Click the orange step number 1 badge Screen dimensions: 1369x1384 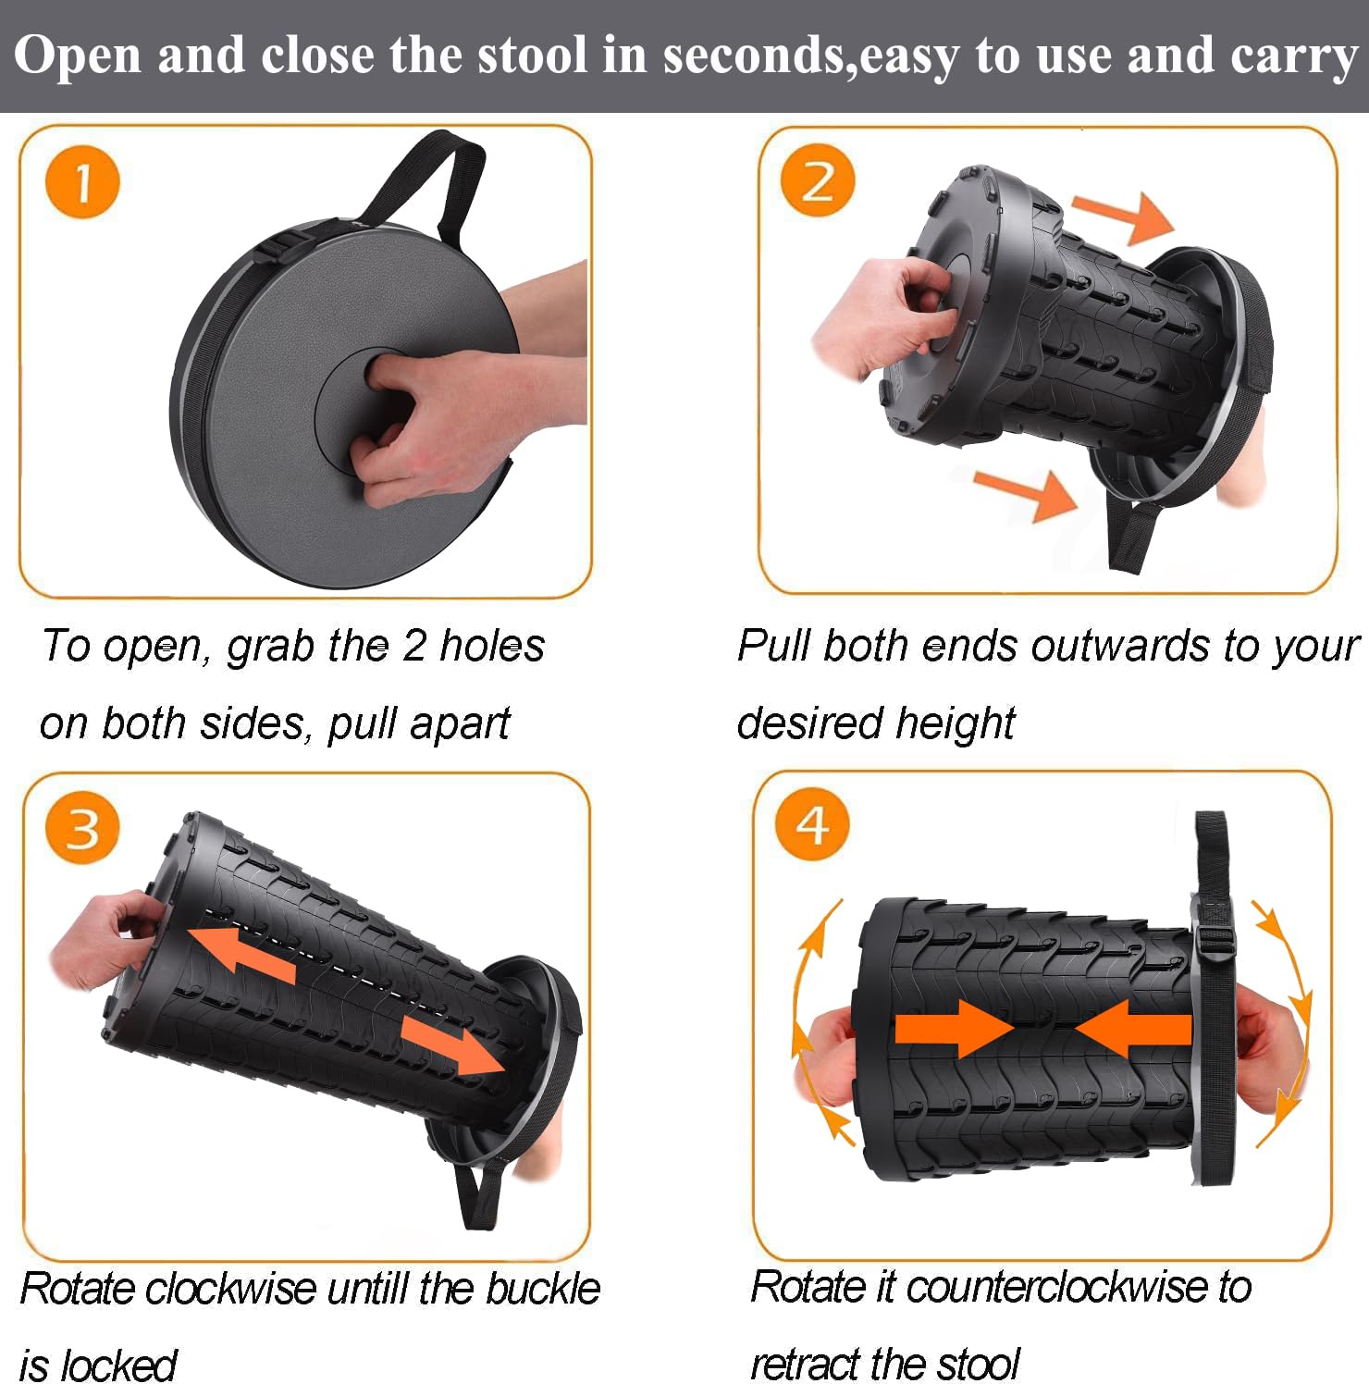[x=82, y=182]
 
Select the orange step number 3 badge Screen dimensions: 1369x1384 [x=82, y=826]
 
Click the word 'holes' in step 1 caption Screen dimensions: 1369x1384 [x=491, y=646]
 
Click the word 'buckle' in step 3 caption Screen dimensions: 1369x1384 [x=543, y=1288]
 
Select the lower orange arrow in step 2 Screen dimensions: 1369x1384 [x=1027, y=492]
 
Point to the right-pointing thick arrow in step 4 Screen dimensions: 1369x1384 [x=955, y=1028]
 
